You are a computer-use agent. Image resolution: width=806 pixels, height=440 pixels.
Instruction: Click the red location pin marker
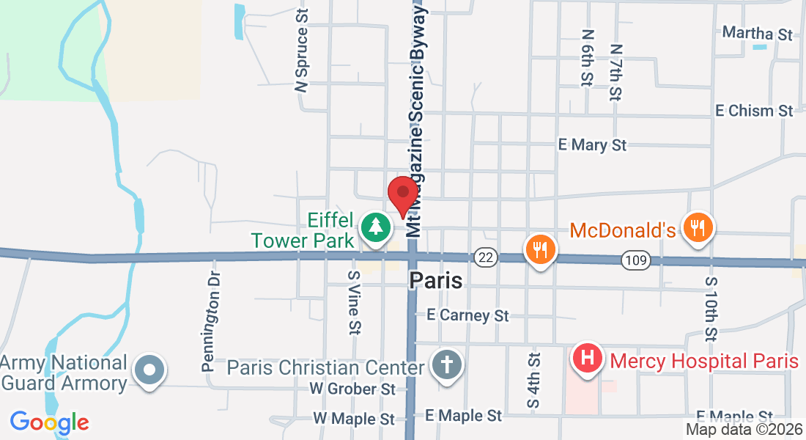pos(403,194)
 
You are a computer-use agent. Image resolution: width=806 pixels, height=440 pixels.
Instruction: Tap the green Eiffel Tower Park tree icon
pos(375,227)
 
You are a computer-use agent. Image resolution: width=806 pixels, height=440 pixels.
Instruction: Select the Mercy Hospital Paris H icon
pos(587,359)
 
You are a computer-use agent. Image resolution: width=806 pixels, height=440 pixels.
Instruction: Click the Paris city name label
pos(436,280)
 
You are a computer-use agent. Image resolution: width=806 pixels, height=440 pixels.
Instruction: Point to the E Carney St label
pos(468,315)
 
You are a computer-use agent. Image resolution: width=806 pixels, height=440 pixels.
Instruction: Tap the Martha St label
pos(758,34)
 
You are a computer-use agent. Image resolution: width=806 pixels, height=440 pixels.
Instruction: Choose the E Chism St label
pos(755,111)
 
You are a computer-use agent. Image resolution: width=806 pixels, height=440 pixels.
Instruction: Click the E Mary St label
pos(592,145)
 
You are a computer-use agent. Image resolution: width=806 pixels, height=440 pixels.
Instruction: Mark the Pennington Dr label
pos(211,320)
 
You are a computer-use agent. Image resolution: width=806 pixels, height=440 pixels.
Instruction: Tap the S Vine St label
pos(354,301)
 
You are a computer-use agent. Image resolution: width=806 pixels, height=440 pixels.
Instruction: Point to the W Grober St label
pos(352,387)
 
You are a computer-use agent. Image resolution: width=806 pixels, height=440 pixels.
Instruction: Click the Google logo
pos(49,422)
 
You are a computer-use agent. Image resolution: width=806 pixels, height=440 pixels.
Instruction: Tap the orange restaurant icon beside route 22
pos(541,249)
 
